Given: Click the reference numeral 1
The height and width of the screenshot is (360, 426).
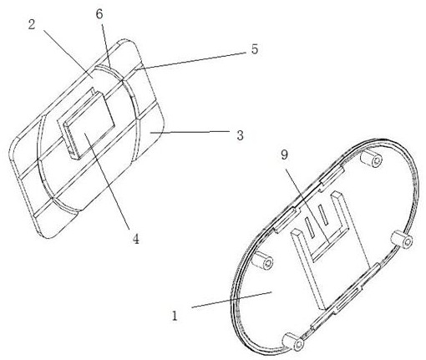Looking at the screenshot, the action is (175, 317).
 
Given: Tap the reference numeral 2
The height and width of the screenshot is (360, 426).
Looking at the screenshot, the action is (32, 25).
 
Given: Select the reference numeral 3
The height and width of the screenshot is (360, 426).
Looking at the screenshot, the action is (240, 135).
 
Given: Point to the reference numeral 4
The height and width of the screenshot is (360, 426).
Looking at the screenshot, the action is (135, 239).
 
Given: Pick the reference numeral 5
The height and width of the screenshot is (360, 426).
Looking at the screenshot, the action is (255, 49).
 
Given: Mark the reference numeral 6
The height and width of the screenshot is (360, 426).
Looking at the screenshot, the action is (99, 14).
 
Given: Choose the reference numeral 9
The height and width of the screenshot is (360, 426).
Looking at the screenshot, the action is (284, 155).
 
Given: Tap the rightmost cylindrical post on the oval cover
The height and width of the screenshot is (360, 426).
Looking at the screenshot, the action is (402, 240).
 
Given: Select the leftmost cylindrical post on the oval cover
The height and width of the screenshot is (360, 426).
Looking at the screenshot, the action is (262, 260).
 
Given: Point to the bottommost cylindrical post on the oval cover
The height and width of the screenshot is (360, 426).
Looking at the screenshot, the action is (293, 341).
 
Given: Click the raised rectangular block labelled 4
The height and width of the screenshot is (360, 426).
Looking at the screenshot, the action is (86, 124).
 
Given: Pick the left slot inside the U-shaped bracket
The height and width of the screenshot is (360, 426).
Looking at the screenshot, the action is (310, 227).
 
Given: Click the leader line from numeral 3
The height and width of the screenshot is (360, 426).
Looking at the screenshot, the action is (190, 132).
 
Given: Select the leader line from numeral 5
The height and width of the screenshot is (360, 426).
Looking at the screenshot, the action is (190, 59).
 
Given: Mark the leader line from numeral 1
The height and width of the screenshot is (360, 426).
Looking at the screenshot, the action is (231, 300).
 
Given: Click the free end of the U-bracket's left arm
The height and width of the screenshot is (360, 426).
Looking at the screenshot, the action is (296, 233).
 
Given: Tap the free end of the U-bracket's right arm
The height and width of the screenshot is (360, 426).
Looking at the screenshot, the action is (336, 194).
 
